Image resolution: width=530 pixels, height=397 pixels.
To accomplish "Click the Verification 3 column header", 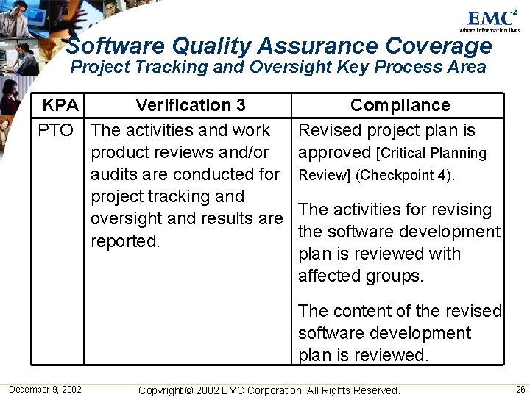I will click(x=191, y=105).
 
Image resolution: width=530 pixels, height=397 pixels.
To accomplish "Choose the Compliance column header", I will click(x=400, y=105).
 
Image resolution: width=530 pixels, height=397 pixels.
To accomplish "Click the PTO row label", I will click(x=56, y=131).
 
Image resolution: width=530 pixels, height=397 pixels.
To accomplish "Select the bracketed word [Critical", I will click(x=402, y=154).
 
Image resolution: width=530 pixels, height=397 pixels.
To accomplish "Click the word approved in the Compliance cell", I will click(x=334, y=153).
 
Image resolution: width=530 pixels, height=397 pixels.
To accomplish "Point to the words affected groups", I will click(x=361, y=276).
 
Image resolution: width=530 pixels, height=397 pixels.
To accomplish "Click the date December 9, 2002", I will click(x=45, y=389).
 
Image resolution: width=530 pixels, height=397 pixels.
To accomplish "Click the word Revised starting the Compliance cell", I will click(x=328, y=131).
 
